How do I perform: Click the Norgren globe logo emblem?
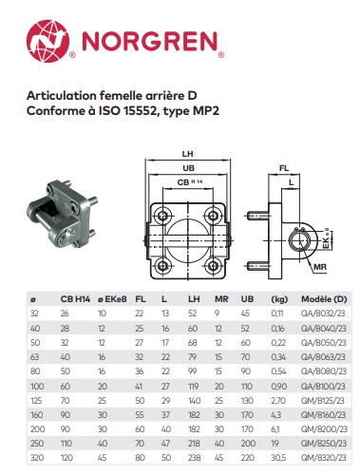(x=47, y=41)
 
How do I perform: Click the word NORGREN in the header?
(x=150, y=42)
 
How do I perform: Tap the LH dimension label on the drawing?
(x=187, y=154)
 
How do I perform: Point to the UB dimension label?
(x=188, y=168)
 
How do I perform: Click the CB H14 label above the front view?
(x=190, y=182)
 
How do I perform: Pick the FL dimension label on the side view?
(x=284, y=168)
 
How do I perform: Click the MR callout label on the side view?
(x=320, y=267)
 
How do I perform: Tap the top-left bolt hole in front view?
(x=163, y=216)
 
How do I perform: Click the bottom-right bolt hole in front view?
(x=213, y=266)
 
